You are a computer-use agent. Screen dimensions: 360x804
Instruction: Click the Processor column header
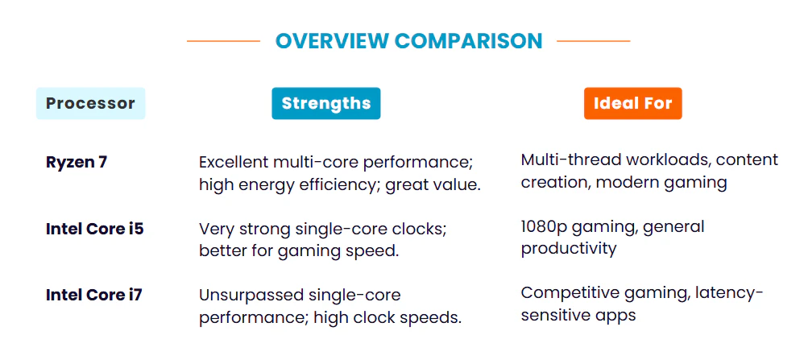90,103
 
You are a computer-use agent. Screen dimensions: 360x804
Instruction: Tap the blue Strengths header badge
325,103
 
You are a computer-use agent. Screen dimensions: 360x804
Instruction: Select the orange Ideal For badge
632,103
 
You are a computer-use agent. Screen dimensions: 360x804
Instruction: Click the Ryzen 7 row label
77,162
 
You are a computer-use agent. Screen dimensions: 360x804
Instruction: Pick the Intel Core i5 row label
94,229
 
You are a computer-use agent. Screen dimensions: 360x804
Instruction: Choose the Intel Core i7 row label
94,295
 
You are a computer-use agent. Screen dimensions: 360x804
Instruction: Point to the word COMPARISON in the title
468,40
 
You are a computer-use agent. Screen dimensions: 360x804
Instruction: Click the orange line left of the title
223,40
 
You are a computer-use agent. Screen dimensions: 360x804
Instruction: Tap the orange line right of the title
594,40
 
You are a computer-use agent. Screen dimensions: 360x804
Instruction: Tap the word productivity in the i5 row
569,249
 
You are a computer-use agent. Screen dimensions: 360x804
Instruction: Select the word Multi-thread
569,160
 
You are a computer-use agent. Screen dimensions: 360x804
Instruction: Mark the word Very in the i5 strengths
215,229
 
